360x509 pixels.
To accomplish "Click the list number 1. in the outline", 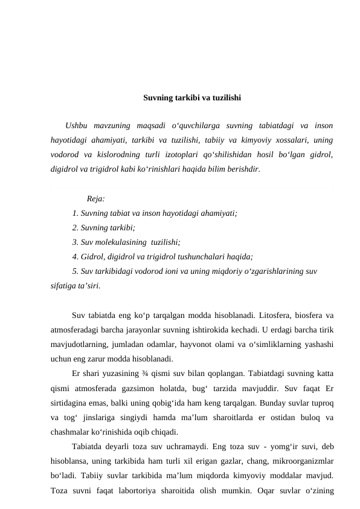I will [x=75, y=213].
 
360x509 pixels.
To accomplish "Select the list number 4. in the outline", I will [x=75, y=256].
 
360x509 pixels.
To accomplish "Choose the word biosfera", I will [x=311, y=314].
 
